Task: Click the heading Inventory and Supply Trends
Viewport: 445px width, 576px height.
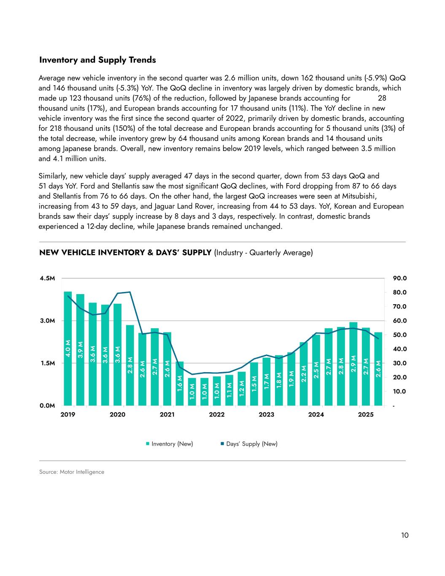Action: pyautogui.click(x=97, y=60)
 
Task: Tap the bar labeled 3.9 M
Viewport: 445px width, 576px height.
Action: pyautogui.click(x=80, y=350)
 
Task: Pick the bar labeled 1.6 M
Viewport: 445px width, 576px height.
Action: pyautogui.click(x=180, y=384)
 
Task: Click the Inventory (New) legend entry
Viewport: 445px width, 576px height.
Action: pyautogui.click(x=169, y=444)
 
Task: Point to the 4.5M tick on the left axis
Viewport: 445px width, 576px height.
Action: pyautogui.click(x=47, y=279)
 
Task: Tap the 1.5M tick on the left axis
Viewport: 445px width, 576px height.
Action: pyautogui.click(x=47, y=363)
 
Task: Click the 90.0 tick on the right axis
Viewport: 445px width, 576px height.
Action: pyautogui.click(x=399, y=279)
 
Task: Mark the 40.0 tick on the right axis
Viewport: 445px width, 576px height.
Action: pyautogui.click(x=399, y=349)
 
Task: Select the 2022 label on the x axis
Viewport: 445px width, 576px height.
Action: pyautogui.click(x=217, y=415)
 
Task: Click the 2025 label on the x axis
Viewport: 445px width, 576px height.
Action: pyautogui.click(x=366, y=415)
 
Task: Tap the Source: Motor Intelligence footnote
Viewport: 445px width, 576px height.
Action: pyautogui.click(x=72, y=472)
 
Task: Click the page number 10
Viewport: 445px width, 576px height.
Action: pyautogui.click(x=405, y=535)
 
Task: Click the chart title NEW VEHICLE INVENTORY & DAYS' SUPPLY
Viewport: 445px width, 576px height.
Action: pyautogui.click(x=125, y=253)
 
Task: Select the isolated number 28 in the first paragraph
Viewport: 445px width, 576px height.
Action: pyautogui.click(x=382, y=98)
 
